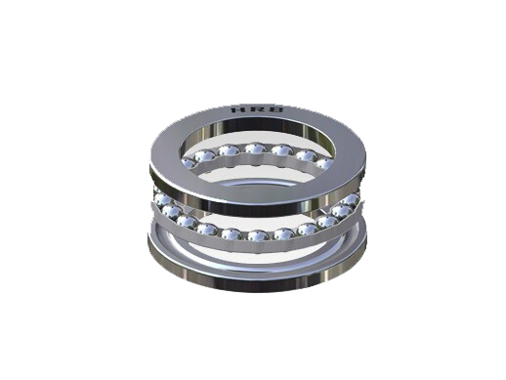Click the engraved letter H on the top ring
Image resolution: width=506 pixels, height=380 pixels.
(x=237, y=110)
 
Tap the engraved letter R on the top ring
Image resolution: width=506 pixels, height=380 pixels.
(x=256, y=109)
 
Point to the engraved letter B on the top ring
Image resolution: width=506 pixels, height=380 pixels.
(x=275, y=109)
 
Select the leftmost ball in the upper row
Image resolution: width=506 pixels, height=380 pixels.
(x=189, y=163)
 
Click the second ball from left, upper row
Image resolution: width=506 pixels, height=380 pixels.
(x=205, y=156)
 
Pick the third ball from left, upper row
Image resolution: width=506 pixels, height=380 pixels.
(x=229, y=150)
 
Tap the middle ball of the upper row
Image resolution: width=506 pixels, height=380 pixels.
(x=255, y=148)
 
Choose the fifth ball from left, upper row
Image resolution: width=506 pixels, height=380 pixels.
(x=281, y=150)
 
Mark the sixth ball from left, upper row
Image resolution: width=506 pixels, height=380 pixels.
(x=306, y=155)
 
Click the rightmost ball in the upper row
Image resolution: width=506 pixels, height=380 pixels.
(x=324, y=163)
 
